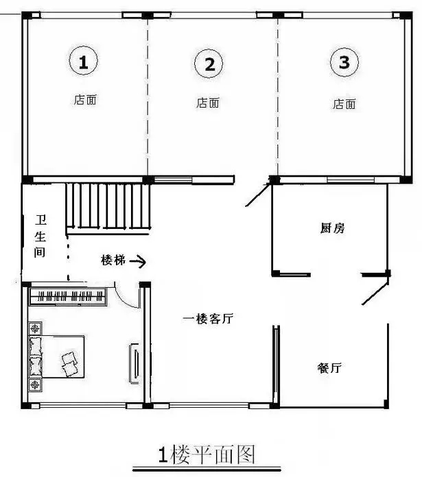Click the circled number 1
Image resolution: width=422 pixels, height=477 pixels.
click(x=83, y=63)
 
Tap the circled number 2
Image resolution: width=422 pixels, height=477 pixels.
click(x=209, y=64)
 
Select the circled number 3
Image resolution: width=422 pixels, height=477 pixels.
click(x=344, y=63)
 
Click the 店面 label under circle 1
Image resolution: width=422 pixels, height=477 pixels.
click(x=85, y=100)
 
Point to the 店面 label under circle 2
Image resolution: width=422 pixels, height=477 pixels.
click(x=208, y=103)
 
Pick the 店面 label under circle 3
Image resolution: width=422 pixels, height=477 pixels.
click(x=344, y=104)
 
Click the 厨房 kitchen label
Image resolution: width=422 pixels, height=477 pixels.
click(x=332, y=228)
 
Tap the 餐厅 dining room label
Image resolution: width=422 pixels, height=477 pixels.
click(x=329, y=368)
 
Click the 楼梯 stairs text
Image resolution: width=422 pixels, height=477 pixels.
click(x=113, y=260)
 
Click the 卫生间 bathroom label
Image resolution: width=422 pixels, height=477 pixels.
click(x=40, y=236)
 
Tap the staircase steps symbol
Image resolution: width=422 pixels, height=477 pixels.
click(x=108, y=206)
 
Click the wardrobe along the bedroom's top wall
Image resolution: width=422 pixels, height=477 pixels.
click(x=67, y=297)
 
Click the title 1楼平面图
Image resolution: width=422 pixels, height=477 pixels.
click(x=207, y=454)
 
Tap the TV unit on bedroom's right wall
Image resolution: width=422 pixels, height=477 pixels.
click(x=134, y=363)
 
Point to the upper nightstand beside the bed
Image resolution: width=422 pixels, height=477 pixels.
click(x=34, y=329)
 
